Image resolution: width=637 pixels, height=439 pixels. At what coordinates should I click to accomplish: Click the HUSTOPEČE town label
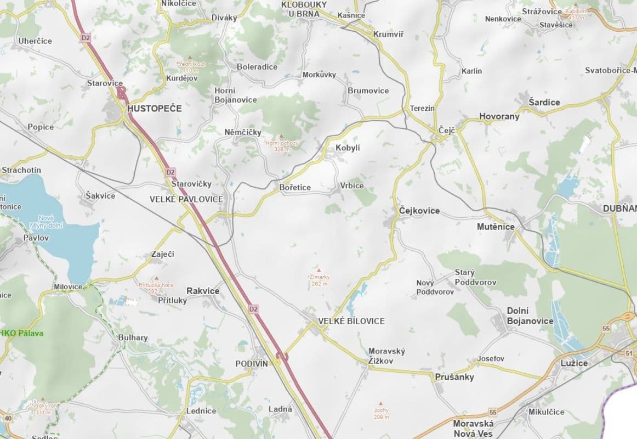tap(154, 109)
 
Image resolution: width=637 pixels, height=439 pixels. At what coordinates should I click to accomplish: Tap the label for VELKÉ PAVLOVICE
tap(186, 199)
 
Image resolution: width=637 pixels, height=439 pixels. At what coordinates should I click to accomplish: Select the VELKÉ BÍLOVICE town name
tap(351, 321)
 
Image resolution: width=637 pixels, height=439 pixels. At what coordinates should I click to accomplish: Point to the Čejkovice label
tap(419, 211)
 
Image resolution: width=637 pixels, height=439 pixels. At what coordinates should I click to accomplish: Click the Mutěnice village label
tap(496, 227)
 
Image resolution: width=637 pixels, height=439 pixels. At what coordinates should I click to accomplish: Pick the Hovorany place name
tap(499, 116)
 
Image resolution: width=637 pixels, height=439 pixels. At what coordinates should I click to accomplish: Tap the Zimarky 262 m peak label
tap(318, 280)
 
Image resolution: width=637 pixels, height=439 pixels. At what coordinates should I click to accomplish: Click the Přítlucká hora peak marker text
tap(156, 288)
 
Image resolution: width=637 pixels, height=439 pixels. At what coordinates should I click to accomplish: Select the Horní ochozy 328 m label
tap(282, 145)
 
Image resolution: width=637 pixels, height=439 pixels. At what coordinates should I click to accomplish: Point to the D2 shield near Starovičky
tap(170, 172)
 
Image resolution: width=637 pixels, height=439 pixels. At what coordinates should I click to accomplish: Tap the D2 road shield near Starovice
tap(85, 38)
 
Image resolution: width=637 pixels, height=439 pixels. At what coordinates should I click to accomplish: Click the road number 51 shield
tap(628, 353)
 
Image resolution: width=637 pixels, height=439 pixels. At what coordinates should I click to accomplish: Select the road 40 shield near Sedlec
tap(7, 419)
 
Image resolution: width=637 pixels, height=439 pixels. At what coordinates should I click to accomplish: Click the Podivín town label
tap(252, 364)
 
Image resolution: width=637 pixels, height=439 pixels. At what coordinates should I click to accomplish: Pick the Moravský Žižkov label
tap(386, 356)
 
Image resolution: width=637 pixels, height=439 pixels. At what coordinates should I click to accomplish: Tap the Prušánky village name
tap(454, 377)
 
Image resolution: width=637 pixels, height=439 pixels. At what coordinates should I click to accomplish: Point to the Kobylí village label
tap(348, 148)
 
